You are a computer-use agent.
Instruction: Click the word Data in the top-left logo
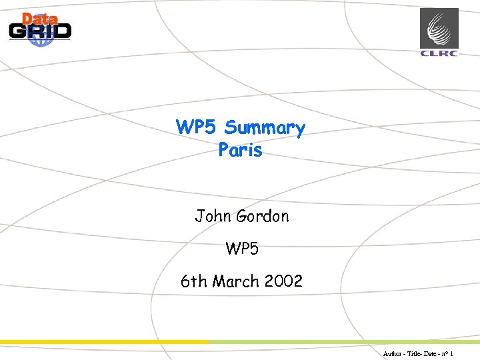(39, 19)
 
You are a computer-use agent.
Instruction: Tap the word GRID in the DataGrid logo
(40, 31)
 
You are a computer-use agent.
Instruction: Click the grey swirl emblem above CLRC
(439, 28)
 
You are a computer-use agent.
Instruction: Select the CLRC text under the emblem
(439, 53)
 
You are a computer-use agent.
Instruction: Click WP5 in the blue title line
(197, 127)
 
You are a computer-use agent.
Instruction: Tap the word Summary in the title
(265, 128)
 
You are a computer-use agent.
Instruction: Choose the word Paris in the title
(240, 150)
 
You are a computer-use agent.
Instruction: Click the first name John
(213, 216)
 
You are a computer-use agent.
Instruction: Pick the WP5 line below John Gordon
(241, 249)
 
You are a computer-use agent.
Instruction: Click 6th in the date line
(194, 281)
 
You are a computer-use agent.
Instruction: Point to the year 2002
(283, 281)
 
